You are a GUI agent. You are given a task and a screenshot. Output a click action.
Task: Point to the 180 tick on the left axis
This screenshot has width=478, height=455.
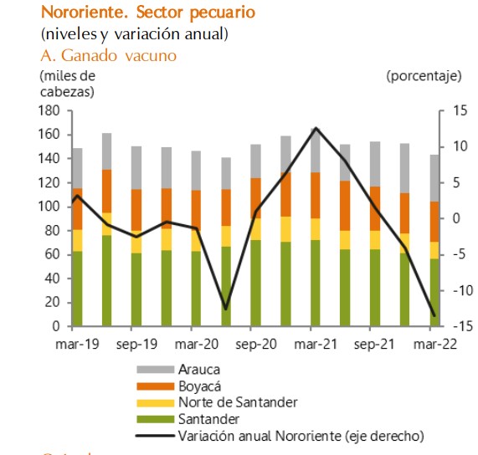tap(51, 110)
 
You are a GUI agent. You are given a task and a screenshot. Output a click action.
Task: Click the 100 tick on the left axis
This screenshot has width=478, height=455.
tap(51, 207)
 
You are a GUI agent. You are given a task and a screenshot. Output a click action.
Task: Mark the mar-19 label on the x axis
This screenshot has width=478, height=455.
tap(76, 344)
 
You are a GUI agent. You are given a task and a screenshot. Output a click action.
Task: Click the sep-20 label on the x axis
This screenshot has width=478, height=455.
tap(256, 344)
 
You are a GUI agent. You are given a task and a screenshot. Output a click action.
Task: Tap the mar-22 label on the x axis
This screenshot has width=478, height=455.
tap(435, 344)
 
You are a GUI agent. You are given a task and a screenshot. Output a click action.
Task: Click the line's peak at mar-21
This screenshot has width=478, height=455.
tap(316, 128)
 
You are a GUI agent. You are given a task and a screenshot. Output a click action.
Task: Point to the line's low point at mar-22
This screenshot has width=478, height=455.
tap(434, 315)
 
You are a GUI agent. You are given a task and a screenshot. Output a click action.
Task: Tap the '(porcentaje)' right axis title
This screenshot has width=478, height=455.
tap(424, 76)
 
